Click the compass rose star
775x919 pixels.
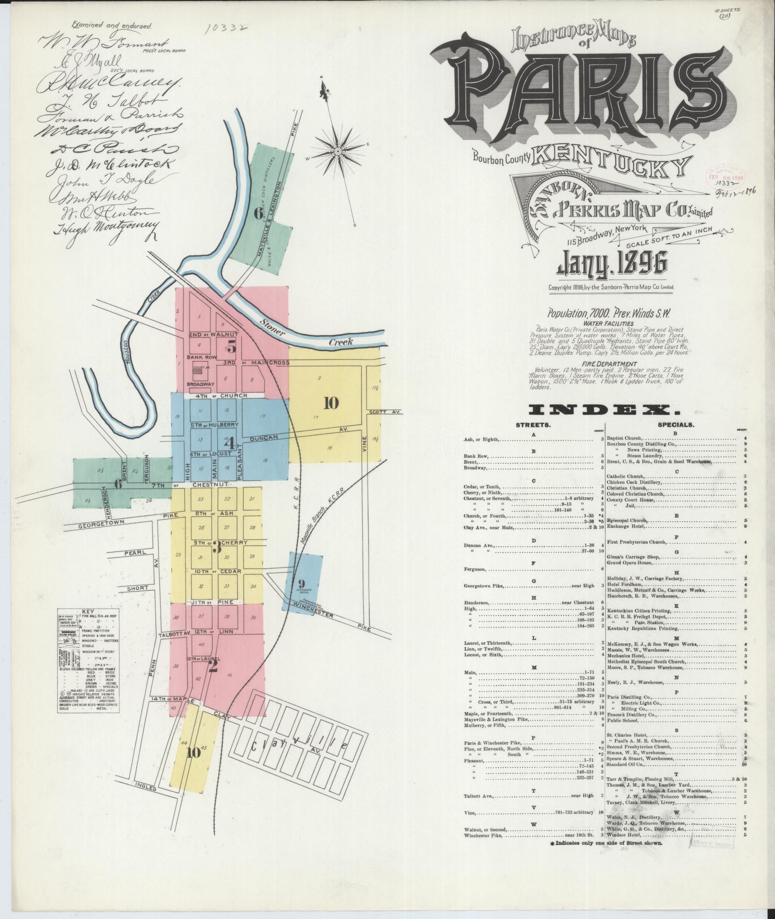(x=338, y=151)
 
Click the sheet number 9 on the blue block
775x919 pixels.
(x=301, y=584)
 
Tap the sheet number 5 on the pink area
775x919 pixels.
(x=232, y=345)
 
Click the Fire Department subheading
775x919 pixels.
(x=609, y=364)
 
